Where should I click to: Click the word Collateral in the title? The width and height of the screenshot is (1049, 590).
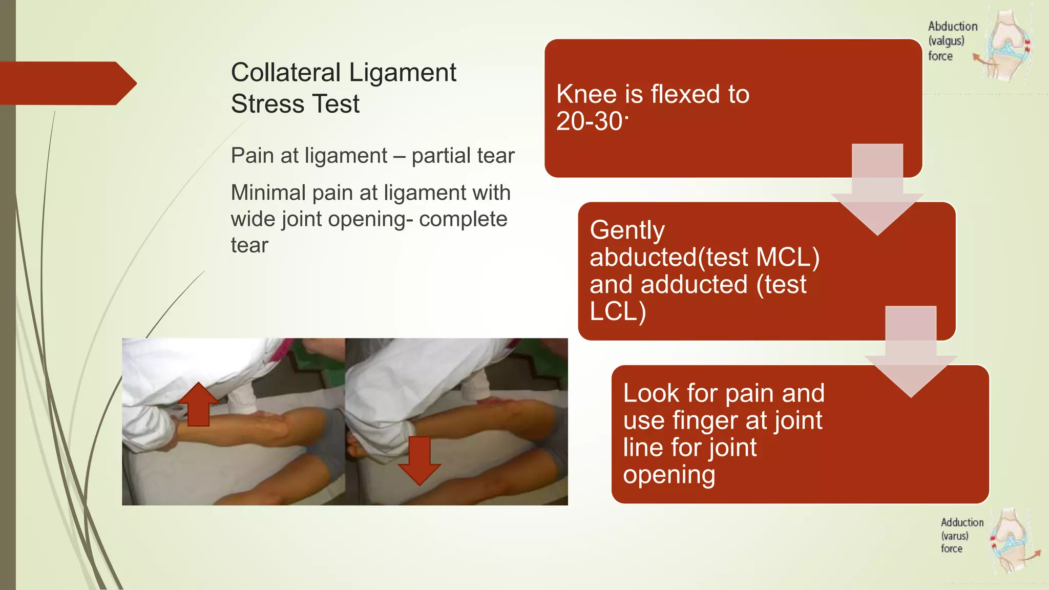coord(286,72)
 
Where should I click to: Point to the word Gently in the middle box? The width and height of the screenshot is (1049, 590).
coord(627,230)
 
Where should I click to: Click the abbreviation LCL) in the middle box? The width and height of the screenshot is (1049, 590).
coord(617,311)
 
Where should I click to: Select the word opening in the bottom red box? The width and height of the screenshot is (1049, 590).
coord(669,475)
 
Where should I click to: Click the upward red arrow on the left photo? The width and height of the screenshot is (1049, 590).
coord(198,404)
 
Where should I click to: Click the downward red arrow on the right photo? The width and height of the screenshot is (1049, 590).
coord(419,460)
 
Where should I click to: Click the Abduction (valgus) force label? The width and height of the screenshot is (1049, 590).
coord(952,41)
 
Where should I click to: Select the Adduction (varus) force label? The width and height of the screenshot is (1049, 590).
coord(961,535)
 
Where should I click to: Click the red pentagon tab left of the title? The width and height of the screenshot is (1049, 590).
coord(67,83)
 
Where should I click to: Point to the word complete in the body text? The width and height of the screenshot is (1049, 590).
coord(463,219)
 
